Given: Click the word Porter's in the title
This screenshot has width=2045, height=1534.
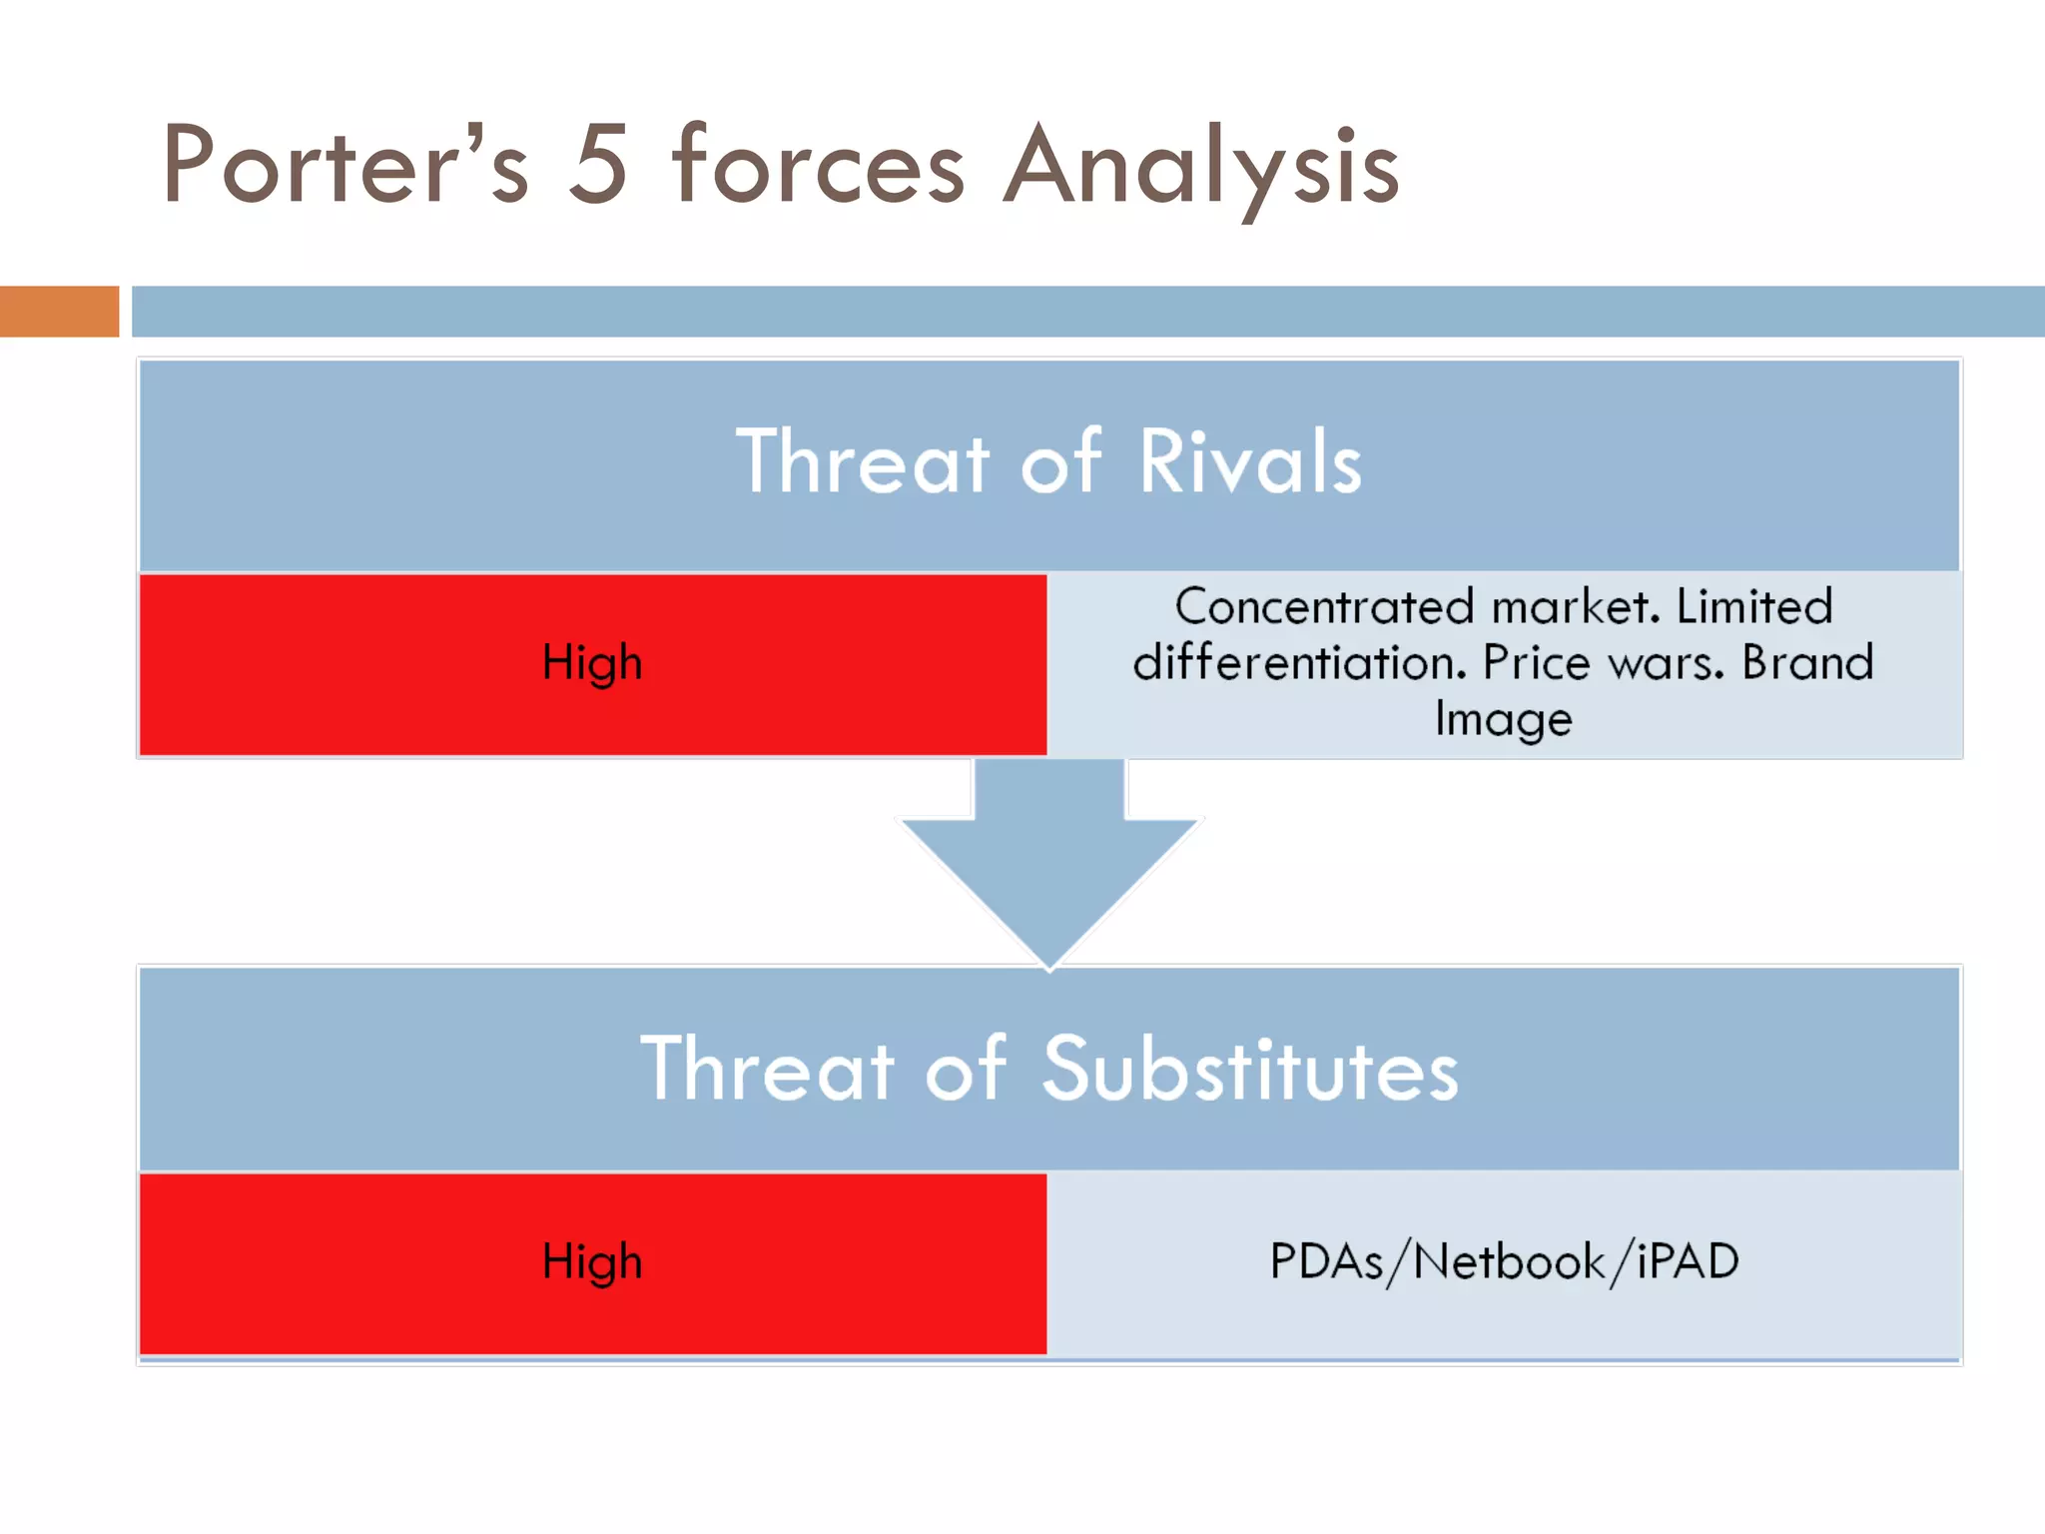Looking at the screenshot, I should pos(344,166).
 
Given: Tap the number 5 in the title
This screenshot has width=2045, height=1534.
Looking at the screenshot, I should pos(598,166).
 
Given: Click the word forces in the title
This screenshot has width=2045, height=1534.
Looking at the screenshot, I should pos(819,166).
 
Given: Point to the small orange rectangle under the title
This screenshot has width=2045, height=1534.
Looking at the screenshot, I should pos(59,312).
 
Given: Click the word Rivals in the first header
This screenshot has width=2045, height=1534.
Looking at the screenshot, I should pos(1250,462).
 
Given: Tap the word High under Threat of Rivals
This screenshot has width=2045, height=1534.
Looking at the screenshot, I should pos(592,663).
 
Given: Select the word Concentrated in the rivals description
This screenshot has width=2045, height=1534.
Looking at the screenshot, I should pos(1324,607).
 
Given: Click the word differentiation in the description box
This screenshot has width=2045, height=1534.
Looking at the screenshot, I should pos(1299,663).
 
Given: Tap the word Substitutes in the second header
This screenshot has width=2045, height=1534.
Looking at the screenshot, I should pos(1250,1071).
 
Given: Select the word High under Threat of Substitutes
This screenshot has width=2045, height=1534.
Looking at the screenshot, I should pos(592,1261).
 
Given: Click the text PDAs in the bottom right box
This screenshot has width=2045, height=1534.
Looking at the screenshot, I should pos(1326,1261).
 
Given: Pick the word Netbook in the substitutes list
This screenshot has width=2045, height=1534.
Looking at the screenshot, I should pos(1509,1261).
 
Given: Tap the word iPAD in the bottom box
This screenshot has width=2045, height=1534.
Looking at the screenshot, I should pos(1688,1261).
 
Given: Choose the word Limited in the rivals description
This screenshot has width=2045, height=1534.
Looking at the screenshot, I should pos(1753,607).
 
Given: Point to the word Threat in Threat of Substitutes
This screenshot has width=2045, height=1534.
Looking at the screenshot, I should pos(767,1071).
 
